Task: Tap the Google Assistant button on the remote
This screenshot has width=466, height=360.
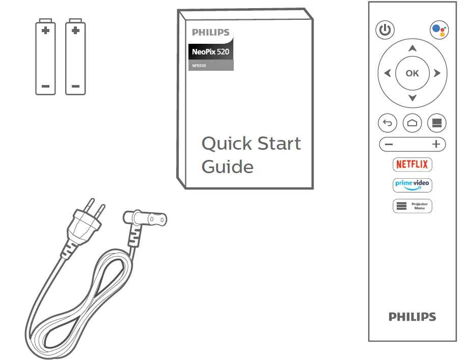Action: [x=439, y=31]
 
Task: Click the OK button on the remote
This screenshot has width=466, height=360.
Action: [x=412, y=73]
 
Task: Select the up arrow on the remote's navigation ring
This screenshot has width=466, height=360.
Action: [x=412, y=48]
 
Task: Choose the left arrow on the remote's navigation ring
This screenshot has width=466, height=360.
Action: [x=388, y=73]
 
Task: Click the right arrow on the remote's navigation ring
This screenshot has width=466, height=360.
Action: [x=437, y=73]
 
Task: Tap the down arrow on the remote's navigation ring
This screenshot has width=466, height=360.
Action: [x=412, y=98]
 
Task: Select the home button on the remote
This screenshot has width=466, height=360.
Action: [x=412, y=123]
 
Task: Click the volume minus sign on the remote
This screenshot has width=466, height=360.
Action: [x=389, y=145]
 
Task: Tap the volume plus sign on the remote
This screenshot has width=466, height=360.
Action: [x=436, y=145]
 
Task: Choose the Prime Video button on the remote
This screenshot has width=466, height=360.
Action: [x=413, y=185]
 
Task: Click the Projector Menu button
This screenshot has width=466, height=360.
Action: [x=413, y=206]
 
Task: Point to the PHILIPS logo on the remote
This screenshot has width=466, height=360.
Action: [x=412, y=317]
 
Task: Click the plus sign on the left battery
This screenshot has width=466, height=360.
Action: [x=45, y=31]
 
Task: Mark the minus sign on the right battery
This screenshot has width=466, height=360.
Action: [x=75, y=86]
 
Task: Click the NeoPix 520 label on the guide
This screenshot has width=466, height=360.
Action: [x=211, y=51]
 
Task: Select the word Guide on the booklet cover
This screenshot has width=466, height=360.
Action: [x=227, y=167]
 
